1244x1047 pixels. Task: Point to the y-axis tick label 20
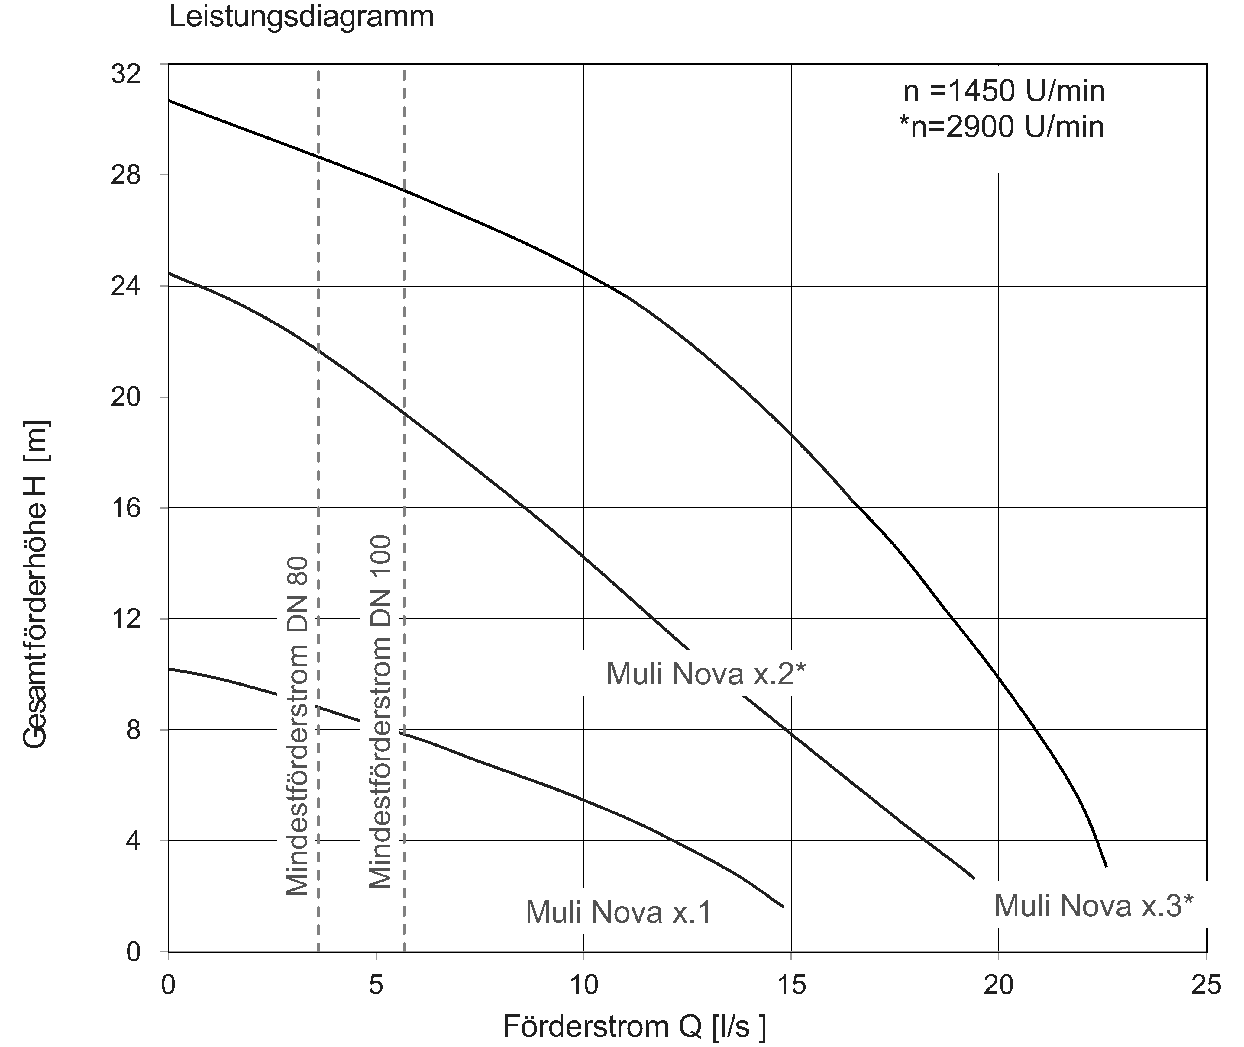tap(126, 397)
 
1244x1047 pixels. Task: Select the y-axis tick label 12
tap(126, 619)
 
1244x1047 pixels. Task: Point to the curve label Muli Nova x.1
tap(618, 912)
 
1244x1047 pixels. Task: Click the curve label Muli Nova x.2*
tap(706, 674)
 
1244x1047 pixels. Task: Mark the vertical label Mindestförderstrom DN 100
tap(380, 712)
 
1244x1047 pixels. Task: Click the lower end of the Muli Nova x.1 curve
tap(783, 906)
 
